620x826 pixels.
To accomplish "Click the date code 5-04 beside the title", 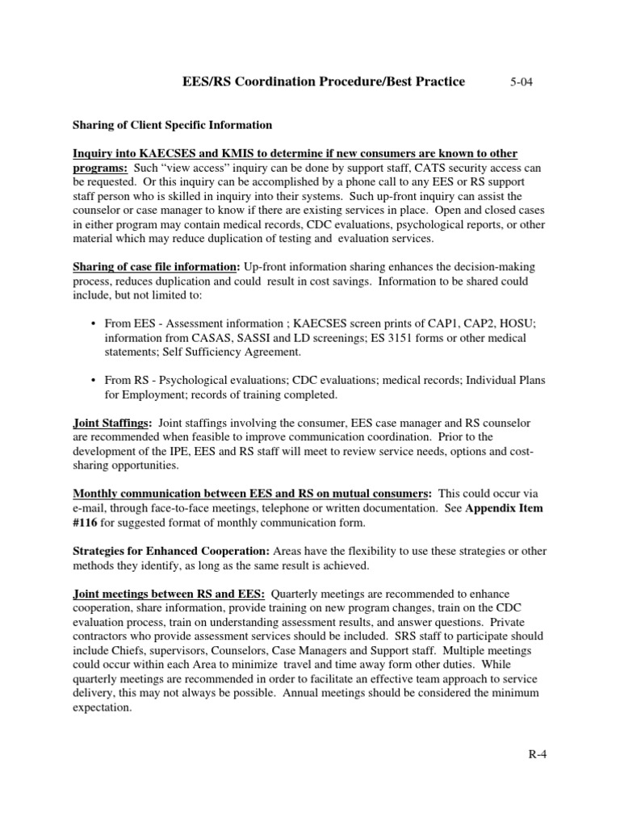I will point(523,82).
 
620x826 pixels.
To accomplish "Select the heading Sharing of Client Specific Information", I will point(172,126).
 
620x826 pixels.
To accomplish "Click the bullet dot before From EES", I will point(94,323).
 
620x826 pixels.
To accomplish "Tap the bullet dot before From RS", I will point(94,380).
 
